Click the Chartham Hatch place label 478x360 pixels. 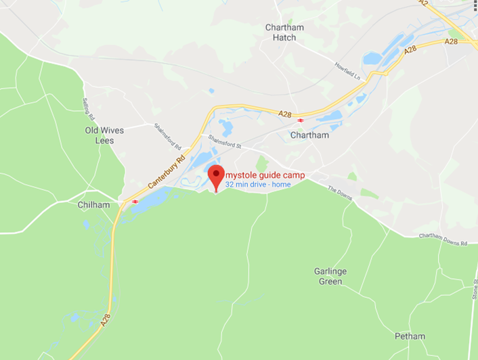pos(284,32)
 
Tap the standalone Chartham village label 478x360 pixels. pos(309,135)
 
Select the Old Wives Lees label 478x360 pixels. pos(100,135)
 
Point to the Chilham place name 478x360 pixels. pos(93,204)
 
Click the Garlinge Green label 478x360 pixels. pos(330,276)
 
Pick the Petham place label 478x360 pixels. pos(410,336)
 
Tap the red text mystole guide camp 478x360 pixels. pos(265,175)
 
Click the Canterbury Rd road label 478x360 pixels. pos(167,172)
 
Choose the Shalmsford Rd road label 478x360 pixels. pos(168,137)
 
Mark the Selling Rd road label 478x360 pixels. pos(86,106)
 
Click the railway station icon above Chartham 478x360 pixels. pos(300,120)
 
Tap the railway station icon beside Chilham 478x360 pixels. pos(135,201)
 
